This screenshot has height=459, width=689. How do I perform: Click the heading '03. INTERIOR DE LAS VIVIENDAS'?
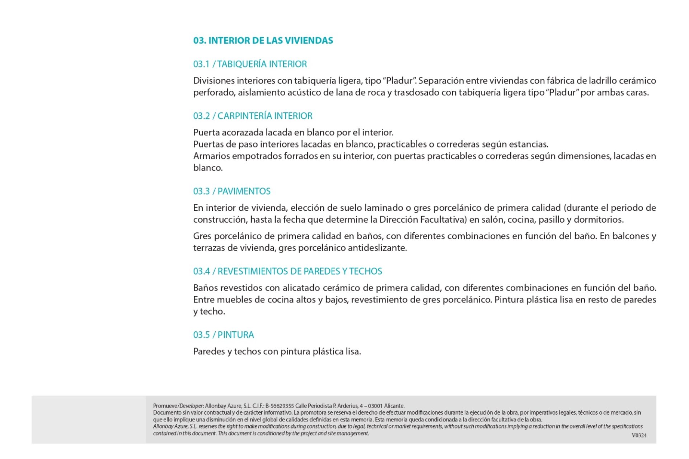(263, 41)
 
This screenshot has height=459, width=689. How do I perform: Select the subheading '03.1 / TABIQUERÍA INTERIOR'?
(250, 64)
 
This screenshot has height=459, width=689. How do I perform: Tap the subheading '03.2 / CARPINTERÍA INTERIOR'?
(253, 116)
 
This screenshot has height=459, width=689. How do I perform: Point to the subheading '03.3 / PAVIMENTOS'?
(232, 191)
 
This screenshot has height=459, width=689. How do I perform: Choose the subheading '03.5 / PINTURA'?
(223, 335)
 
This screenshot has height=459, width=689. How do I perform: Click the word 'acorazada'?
(242, 133)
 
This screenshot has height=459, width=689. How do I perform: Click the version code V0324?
(639, 435)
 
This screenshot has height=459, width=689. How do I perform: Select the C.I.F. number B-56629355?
(280, 406)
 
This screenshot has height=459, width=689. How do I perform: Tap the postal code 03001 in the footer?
(375, 406)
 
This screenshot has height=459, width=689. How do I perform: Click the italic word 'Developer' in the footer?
(191, 406)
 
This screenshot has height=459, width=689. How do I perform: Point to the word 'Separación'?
(440, 81)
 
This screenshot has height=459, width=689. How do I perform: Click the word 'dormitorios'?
(598, 220)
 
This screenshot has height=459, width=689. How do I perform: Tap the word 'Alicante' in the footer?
(394, 406)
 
